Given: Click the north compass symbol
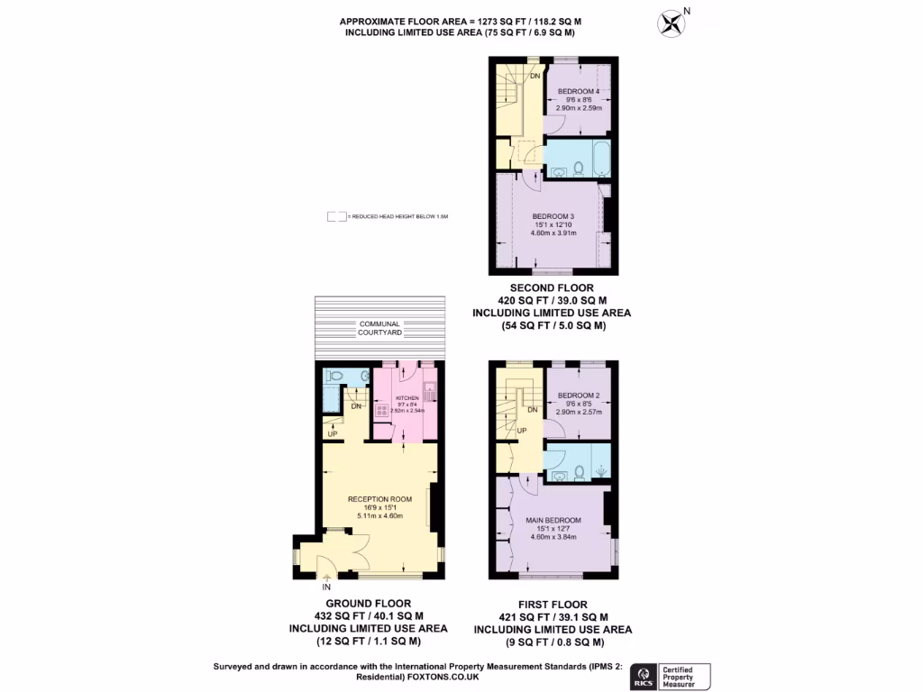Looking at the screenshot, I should point(672,21).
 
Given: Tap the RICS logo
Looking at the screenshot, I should point(644,676).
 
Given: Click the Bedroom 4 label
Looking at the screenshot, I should point(579,91).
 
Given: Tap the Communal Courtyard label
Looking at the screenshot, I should point(379,328).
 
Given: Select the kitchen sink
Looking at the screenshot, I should point(429,390).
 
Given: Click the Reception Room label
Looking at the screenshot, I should point(379,499).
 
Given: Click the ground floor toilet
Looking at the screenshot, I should point(334,377).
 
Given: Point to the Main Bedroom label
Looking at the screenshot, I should point(553,521).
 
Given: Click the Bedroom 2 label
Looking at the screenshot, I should point(579,396).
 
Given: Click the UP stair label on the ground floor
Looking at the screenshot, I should point(333,434).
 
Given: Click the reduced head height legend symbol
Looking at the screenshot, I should point(337,217).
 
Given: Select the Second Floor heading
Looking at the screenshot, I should point(553,287).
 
